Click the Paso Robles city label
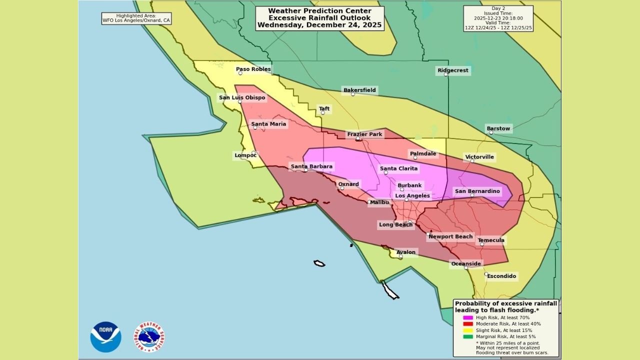pos(253,69)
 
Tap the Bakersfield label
pos(359,90)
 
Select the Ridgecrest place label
pos(453,70)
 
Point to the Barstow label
pos(498,128)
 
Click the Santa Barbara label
pos(311,166)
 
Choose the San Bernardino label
pos(476,191)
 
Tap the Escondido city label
pos(501,276)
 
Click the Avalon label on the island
pos(405,252)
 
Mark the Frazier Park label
pos(364,134)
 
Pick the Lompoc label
pos(245,155)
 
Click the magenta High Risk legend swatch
pos(467,317)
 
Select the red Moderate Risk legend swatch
pos(467,324)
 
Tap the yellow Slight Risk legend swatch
pos(467,330)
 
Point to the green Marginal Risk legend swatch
pos(467,336)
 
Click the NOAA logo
pos(106,337)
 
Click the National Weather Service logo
pos(149,337)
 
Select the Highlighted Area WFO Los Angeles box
pos(136,18)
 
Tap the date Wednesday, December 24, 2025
pos(319,25)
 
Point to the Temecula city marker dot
pos(482,244)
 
